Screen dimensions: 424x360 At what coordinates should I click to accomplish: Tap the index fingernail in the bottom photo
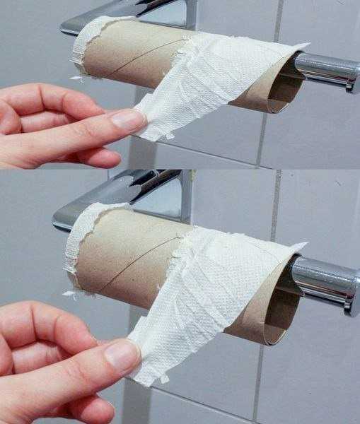(121, 355)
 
